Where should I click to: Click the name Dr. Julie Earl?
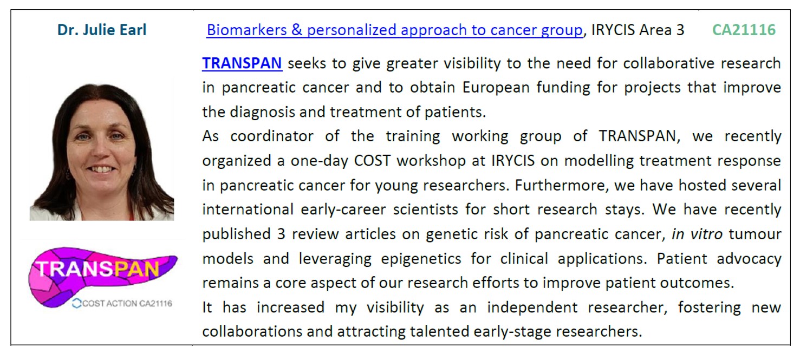(102, 30)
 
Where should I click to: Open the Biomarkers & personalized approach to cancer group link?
(395, 30)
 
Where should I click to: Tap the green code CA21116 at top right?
(744, 30)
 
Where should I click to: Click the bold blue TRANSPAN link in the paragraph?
(242, 63)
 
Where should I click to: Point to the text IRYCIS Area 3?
(638, 30)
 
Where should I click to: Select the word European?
(496, 88)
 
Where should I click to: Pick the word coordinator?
(272, 136)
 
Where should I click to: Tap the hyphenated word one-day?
(319, 161)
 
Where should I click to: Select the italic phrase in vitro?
(697, 234)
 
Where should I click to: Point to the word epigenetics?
(421, 259)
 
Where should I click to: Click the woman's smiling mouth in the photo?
(101, 169)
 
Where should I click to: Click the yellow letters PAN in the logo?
(136, 269)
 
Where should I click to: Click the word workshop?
(431, 161)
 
